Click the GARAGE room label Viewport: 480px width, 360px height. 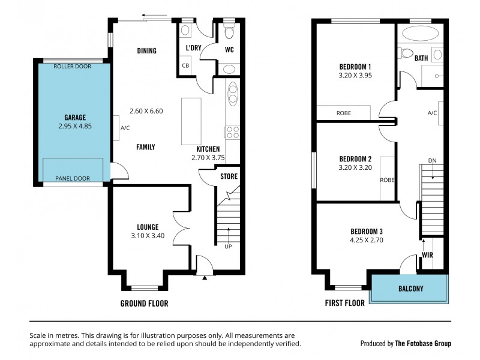pyautogui.click(x=75, y=118)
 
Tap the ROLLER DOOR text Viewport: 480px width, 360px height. pyautogui.click(x=73, y=67)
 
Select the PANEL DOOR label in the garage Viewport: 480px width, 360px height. pyautogui.click(x=73, y=178)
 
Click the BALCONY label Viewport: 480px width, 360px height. pyautogui.click(x=410, y=289)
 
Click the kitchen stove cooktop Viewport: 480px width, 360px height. pyautogui.click(x=232, y=132)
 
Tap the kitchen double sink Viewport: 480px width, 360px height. pyautogui.click(x=232, y=94)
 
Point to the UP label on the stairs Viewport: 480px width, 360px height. pyautogui.click(x=227, y=246)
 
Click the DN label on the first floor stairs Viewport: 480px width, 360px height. pyautogui.click(x=432, y=160)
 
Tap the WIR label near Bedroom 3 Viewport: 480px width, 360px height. pyautogui.click(x=427, y=254)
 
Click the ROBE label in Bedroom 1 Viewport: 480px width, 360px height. pyautogui.click(x=344, y=113)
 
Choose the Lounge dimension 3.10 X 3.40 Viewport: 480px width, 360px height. pyautogui.click(x=148, y=237)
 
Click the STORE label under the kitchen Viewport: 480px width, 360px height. pyautogui.click(x=229, y=176)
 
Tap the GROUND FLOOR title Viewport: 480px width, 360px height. pyautogui.click(x=144, y=304)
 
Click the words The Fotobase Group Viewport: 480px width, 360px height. pyautogui.click(x=423, y=344)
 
